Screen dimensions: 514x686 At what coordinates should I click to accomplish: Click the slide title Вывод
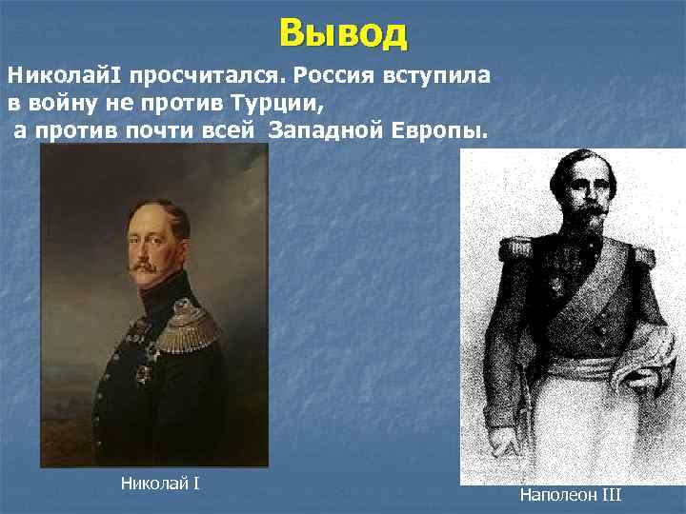[343, 33]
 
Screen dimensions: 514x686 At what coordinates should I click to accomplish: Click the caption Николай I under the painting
[160, 484]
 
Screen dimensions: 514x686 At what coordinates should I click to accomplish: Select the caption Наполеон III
[571, 495]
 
